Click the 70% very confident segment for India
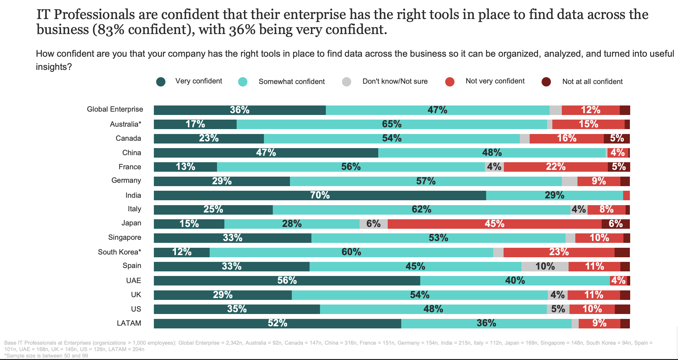point(320,195)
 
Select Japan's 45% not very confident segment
point(494,224)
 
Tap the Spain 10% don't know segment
point(545,266)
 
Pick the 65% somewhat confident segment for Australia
point(391,124)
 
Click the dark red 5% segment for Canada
point(617,139)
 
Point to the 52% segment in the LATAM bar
point(277,324)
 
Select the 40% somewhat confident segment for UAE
point(515,281)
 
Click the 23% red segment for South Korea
point(558,252)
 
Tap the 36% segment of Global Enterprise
point(239,110)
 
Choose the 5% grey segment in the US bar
point(558,309)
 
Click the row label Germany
point(126,180)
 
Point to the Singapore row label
point(124,237)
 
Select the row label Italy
point(134,209)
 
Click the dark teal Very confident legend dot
point(161,82)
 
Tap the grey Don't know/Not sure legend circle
point(346,82)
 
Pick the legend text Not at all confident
point(592,82)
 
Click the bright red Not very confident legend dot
point(449,82)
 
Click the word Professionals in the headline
point(94,14)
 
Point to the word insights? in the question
point(54,67)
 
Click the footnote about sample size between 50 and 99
point(46,356)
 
